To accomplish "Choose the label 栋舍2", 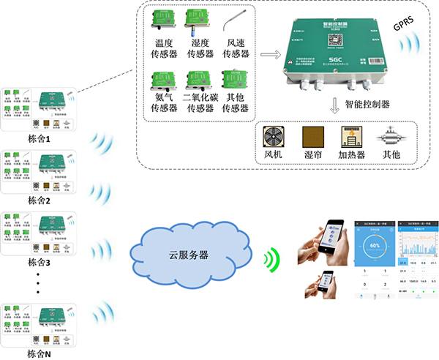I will click(39, 200).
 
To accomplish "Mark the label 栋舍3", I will click(39, 261).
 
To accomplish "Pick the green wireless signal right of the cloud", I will click(272, 257).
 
